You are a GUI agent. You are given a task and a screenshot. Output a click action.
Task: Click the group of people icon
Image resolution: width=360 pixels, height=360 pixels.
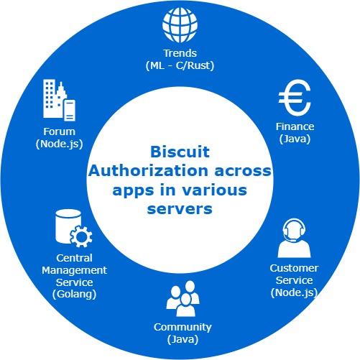point(180,300)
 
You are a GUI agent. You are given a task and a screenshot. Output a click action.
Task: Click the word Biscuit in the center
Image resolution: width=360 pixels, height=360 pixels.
point(179,152)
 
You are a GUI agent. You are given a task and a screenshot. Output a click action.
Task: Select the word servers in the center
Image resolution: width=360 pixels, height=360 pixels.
point(179,209)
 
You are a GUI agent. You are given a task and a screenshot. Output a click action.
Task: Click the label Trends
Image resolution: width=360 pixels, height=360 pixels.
point(180,54)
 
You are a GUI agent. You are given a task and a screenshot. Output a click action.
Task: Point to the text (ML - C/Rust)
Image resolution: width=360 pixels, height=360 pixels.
point(180,65)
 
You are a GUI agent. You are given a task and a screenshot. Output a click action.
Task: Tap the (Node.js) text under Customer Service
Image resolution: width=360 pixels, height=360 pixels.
point(293,292)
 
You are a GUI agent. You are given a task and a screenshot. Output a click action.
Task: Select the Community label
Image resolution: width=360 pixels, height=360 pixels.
point(180,327)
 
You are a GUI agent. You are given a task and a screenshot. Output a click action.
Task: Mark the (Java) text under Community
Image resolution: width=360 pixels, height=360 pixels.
point(180,338)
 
